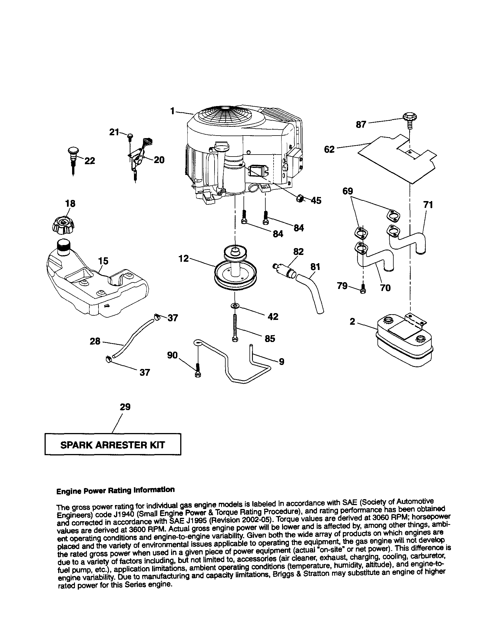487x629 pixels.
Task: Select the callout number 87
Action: click(x=361, y=124)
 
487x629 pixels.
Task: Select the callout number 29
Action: click(x=125, y=407)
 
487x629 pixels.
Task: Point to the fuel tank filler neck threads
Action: click(x=64, y=246)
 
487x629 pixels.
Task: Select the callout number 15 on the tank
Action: click(x=103, y=261)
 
